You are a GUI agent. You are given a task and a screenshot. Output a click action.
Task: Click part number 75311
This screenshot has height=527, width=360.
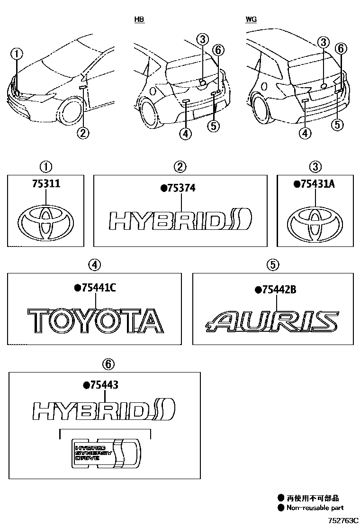click(x=45, y=184)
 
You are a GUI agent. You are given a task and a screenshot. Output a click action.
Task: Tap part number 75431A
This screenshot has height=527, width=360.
click(x=317, y=184)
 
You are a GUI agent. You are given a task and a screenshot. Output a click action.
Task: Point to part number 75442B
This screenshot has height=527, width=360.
click(x=278, y=290)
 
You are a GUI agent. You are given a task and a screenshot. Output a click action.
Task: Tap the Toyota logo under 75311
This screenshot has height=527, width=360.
click(x=45, y=223)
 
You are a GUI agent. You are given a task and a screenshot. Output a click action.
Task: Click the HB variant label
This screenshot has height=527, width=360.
click(x=139, y=19)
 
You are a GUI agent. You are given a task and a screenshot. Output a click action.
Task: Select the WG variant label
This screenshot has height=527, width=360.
click(x=251, y=19)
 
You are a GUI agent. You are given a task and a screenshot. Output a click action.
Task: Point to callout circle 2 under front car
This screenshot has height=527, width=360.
click(x=82, y=133)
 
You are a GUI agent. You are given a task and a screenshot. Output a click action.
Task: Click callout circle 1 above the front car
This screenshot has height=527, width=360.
click(x=17, y=54)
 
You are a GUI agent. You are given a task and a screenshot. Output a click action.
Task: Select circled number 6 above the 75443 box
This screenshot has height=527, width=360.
click(x=108, y=363)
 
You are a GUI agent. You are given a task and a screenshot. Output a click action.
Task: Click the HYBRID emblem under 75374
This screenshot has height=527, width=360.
click(x=180, y=221)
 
